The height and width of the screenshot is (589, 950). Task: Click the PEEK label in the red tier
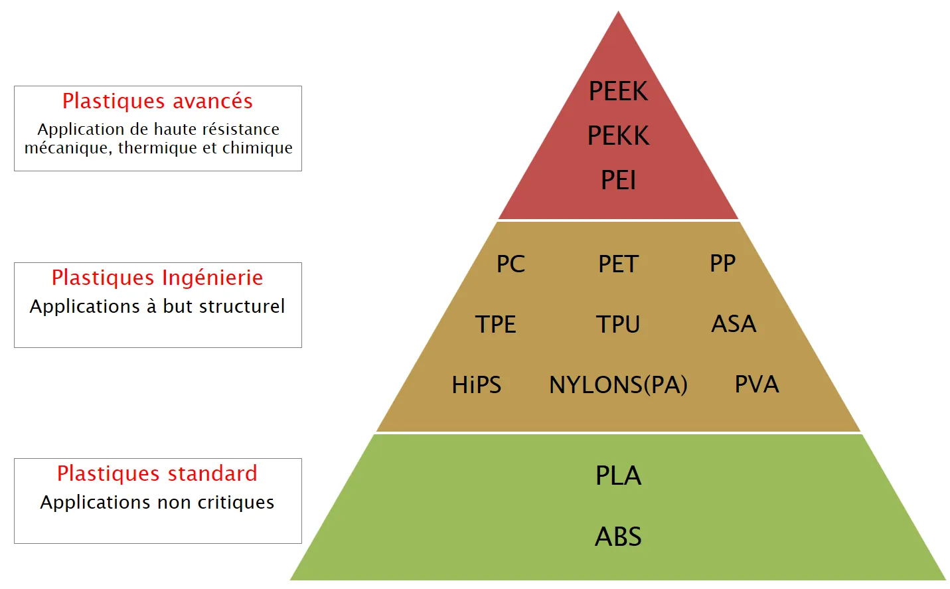pyautogui.click(x=618, y=91)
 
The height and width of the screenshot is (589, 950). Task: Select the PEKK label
pyautogui.click(x=618, y=135)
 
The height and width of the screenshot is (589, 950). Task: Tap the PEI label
pyautogui.click(x=618, y=180)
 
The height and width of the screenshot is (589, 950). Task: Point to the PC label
pyautogui.click(x=511, y=264)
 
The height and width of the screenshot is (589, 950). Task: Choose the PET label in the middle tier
pyautogui.click(x=618, y=264)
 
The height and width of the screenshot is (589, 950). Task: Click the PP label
pyautogui.click(x=723, y=263)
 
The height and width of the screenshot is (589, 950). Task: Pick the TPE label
pyautogui.click(x=495, y=324)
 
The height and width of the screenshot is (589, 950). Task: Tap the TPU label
pyautogui.click(x=618, y=324)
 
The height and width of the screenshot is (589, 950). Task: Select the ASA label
pyautogui.click(x=734, y=324)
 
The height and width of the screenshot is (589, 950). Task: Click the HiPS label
pyautogui.click(x=476, y=385)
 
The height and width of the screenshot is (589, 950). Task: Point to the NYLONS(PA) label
pyautogui.click(x=618, y=385)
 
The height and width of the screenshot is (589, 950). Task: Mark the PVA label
pyautogui.click(x=757, y=384)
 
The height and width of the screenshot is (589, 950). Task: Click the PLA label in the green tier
pyautogui.click(x=618, y=475)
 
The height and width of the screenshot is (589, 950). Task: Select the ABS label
pyautogui.click(x=618, y=537)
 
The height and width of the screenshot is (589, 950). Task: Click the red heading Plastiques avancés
pyautogui.click(x=157, y=102)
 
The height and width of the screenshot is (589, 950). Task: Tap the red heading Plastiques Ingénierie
pyautogui.click(x=157, y=278)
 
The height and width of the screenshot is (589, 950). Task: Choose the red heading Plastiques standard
pyautogui.click(x=157, y=473)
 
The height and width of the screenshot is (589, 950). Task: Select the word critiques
pyautogui.click(x=236, y=503)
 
